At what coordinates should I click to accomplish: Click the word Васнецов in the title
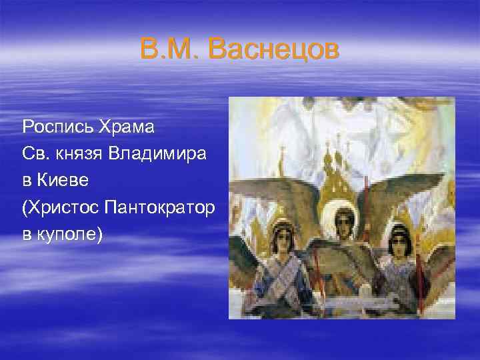click(273, 50)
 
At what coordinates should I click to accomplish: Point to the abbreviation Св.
click(34, 153)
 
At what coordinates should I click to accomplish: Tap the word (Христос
click(61, 208)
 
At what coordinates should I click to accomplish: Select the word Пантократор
click(159, 208)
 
